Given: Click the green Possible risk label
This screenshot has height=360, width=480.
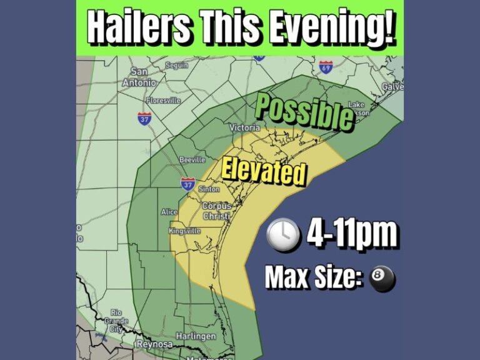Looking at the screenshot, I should point(304,112).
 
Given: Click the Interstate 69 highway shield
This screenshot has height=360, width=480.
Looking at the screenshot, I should point(326,66).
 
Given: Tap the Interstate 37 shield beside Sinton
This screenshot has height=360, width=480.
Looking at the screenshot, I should point(187,184).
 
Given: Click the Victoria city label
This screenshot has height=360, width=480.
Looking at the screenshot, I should point(244,127).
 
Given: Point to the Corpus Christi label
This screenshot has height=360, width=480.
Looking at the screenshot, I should point(216,211).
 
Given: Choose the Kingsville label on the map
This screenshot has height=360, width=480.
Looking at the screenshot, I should point(185,231).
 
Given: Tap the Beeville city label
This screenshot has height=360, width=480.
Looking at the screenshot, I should point(192,160).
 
